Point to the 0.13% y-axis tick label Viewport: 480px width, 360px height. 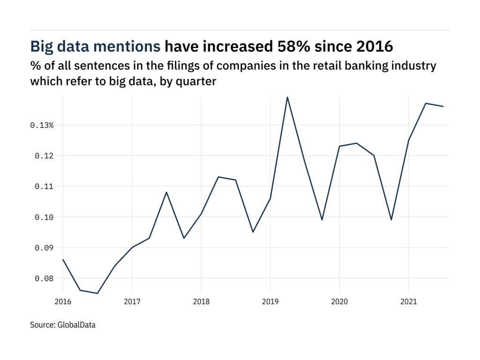click(42, 125)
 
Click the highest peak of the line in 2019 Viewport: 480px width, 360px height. click(287, 97)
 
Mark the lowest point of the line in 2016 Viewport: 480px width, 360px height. click(97, 293)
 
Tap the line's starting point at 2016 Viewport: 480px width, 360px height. click(63, 259)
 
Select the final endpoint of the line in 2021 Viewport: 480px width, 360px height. click(443, 106)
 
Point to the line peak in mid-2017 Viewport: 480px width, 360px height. click(166, 192)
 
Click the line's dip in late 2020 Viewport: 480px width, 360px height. click(391, 220)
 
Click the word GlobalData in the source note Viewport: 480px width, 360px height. click(77, 324)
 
